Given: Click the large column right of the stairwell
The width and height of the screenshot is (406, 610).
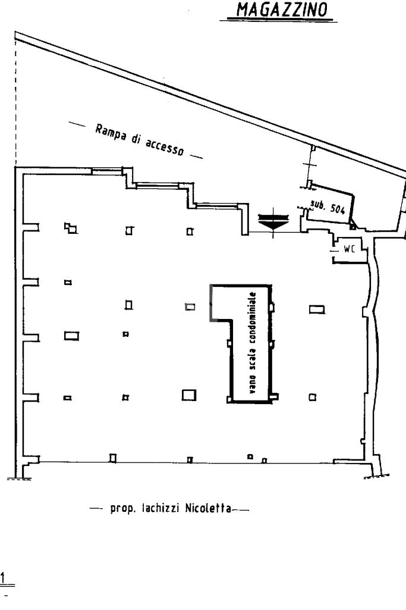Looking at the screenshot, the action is tap(317, 309).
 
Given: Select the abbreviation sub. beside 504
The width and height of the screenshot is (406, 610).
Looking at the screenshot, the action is tap(316, 205).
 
